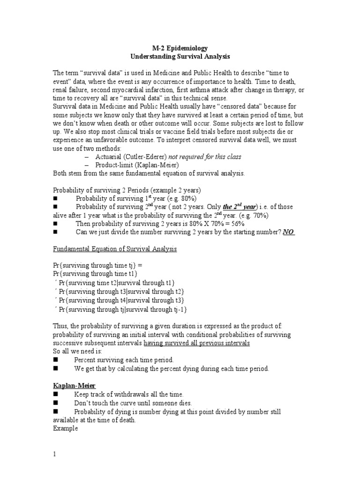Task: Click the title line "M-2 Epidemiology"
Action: (180, 48)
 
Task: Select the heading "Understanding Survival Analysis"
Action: (180, 57)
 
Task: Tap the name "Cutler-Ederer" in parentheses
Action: (133, 157)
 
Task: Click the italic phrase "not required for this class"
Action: (202, 157)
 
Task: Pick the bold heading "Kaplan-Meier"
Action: (74, 385)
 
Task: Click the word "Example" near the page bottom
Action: (65, 428)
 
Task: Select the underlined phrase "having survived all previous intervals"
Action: (196, 343)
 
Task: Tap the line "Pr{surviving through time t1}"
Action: (95, 274)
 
